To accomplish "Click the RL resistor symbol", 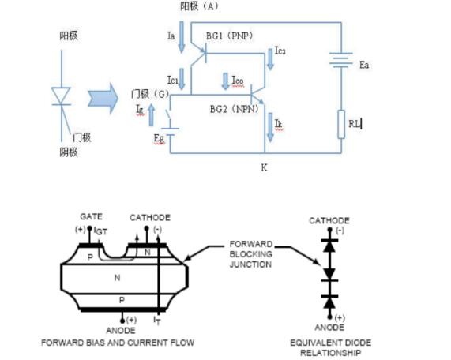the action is click(341, 124).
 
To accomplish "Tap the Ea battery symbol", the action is click(341, 60).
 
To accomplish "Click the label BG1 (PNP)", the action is click(230, 36).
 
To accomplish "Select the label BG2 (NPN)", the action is click(235, 109).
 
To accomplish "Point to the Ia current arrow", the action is click(182, 37).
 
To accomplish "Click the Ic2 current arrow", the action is click(270, 59).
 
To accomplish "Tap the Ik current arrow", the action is click(270, 127).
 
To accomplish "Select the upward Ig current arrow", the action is click(152, 115).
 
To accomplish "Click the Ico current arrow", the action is click(225, 81).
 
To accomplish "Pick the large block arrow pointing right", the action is click(103, 99).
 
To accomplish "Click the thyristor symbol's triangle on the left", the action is click(61, 96).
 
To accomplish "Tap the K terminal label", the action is click(264, 167).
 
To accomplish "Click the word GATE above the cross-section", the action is click(91, 216).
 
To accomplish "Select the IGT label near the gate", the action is click(100, 231).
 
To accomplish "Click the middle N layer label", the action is click(117, 278).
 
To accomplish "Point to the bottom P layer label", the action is click(122, 300).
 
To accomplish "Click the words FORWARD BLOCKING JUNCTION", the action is click(251, 254).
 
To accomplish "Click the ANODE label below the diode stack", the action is click(329, 327).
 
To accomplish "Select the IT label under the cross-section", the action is click(157, 321).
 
